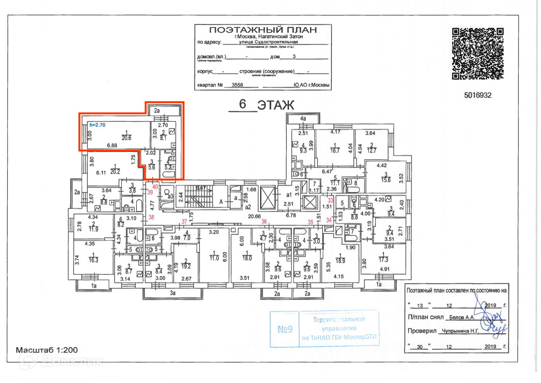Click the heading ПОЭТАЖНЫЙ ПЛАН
pyautogui.click(x=263, y=30)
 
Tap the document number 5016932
pyautogui.click(x=477, y=94)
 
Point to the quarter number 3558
pyautogui.click(x=238, y=85)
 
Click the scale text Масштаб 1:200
pyautogui.click(x=47, y=350)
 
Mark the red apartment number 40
pyautogui.click(x=155, y=187)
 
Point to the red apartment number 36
pyautogui.click(x=264, y=221)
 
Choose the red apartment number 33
pyautogui.click(x=330, y=200)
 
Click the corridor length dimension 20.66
pyautogui.click(x=255, y=216)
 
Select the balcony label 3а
pyautogui.click(x=173, y=293)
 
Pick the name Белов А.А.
pyautogui.click(x=461, y=317)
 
